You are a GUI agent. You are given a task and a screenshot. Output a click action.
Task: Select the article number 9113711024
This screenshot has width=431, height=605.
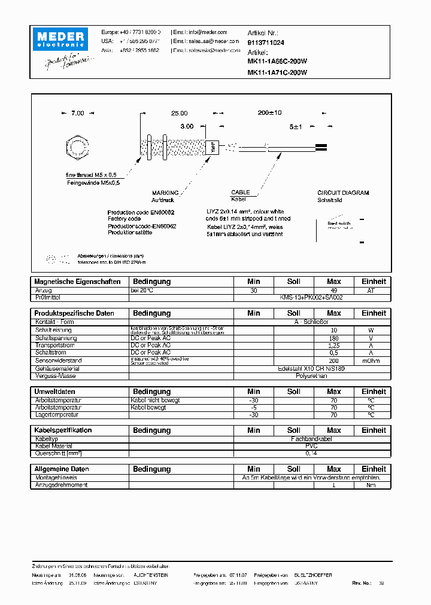[x=266, y=43]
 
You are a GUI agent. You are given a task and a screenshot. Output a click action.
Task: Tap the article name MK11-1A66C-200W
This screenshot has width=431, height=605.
[x=277, y=62]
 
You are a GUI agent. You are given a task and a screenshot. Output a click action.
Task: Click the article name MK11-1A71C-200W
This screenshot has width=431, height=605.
[x=277, y=72]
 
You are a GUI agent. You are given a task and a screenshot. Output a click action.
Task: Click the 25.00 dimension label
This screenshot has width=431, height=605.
[x=179, y=113]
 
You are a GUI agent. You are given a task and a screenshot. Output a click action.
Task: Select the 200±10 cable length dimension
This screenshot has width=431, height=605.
[x=269, y=113]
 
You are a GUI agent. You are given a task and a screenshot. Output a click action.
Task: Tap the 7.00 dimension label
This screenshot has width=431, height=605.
[x=78, y=113]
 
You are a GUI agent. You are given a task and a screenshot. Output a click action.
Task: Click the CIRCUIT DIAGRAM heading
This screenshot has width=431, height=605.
[x=343, y=193]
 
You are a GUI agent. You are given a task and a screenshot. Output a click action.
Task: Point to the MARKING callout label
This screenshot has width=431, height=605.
[x=165, y=193]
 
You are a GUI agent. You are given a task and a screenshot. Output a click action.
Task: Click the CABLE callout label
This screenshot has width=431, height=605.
[x=240, y=193]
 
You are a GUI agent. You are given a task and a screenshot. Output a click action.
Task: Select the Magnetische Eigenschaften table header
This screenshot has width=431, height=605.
[x=77, y=282]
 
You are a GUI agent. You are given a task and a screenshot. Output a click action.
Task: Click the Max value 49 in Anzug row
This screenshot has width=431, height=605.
[x=333, y=290]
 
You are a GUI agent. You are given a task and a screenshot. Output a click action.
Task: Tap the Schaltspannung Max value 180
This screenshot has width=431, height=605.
[x=333, y=338]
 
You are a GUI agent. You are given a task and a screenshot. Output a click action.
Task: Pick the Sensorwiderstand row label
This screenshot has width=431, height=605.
[x=58, y=360]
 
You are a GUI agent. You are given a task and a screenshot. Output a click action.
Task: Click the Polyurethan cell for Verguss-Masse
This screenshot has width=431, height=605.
[x=311, y=375]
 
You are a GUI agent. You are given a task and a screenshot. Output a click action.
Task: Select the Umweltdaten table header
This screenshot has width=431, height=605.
[x=54, y=392]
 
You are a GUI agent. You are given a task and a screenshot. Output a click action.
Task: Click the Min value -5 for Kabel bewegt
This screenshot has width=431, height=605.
[x=254, y=407]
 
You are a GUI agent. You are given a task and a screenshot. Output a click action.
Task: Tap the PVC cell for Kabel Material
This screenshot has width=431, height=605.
[x=311, y=446]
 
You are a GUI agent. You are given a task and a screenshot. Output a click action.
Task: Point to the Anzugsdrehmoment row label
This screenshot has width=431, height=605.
[x=62, y=485]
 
